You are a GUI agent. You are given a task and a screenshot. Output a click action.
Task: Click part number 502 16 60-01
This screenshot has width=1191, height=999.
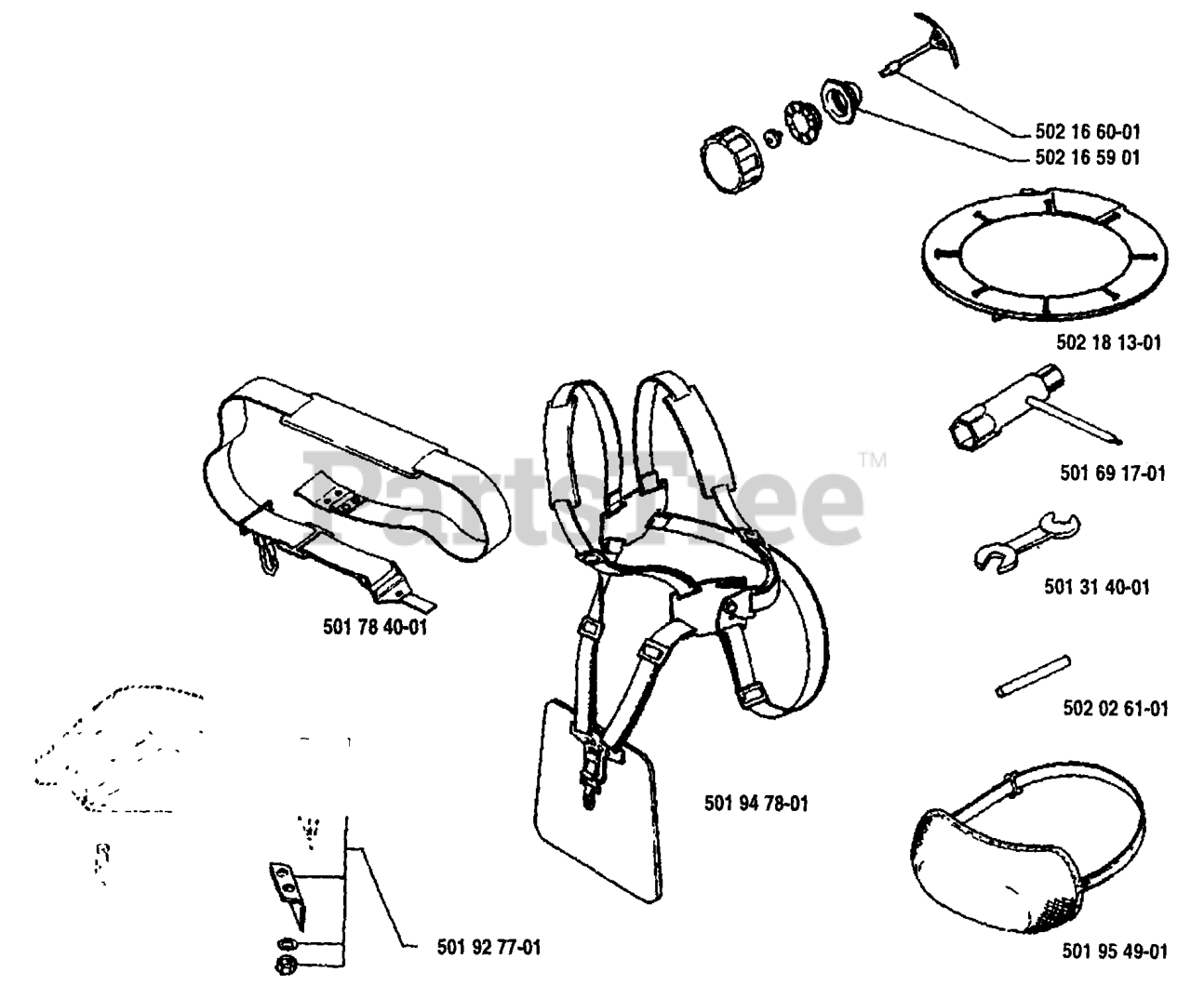[x=1087, y=132]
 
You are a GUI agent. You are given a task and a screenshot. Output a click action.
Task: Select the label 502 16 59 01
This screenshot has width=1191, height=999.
[x=1087, y=158]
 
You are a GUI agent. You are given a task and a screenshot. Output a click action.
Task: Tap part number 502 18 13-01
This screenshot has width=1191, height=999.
[x=1108, y=343]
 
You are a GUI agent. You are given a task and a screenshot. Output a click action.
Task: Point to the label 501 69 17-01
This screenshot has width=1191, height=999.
[x=1112, y=473]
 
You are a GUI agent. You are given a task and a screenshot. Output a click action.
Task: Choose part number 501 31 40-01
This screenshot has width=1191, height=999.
[x=1096, y=587]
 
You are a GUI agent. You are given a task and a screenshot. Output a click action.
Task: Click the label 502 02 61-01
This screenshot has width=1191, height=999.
[x=1114, y=709]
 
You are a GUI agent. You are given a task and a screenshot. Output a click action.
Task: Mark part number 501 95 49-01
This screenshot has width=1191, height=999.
[x=1114, y=951]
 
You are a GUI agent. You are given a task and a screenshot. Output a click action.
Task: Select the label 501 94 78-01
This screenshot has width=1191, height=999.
[x=756, y=802]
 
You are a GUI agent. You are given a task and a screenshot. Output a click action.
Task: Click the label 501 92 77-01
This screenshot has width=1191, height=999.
[x=488, y=948]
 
